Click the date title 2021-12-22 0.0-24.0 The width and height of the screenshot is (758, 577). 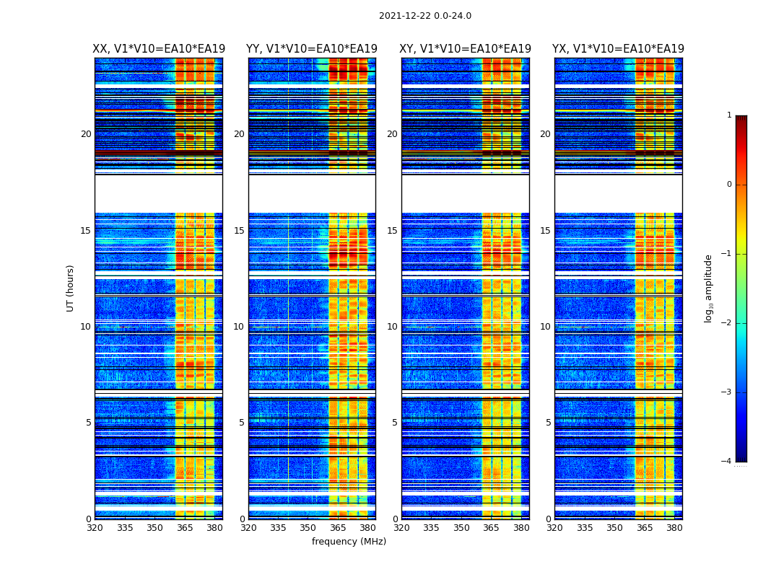click(x=424, y=16)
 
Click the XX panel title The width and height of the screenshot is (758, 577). click(x=159, y=49)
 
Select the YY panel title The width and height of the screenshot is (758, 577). click(x=312, y=49)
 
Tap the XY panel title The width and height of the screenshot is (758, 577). click(x=466, y=49)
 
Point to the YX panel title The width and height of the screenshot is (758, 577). click(x=618, y=49)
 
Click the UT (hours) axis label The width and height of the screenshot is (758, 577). click(x=71, y=288)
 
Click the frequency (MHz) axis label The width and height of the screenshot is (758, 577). click(x=349, y=542)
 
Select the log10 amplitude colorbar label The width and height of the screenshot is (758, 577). click(x=709, y=288)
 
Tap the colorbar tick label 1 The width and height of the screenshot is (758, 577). click(x=729, y=115)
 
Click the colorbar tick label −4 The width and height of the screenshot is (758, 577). click(x=727, y=462)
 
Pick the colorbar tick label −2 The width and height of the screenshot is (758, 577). click(x=727, y=323)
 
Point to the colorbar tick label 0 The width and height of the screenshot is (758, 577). click(x=729, y=185)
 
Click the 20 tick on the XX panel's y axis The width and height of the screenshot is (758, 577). click(x=86, y=134)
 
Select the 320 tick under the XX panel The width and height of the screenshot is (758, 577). click(x=95, y=528)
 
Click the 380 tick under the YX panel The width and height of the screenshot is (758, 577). click(x=674, y=528)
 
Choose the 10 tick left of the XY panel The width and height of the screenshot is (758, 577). click(x=392, y=327)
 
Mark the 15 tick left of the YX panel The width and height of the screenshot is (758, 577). click(x=545, y=231)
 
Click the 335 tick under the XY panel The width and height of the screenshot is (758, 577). click(x=432, y=528)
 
